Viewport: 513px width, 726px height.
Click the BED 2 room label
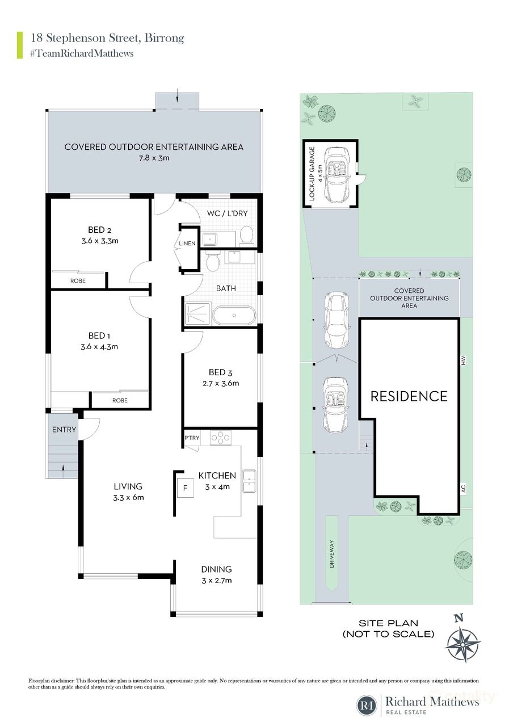click(99, 230)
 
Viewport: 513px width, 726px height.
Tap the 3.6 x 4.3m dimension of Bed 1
click(99, 347)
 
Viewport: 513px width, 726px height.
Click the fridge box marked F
click(184, 488)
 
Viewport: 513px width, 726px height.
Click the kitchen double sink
click(249, 481)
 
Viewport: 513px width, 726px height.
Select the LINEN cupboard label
click(187, 244)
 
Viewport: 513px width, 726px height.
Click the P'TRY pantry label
click(191, 438)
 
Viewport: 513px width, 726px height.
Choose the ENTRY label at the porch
click(64, 430)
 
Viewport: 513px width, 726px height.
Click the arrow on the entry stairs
click(62, 467)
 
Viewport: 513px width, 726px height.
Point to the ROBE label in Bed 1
click(120, 400)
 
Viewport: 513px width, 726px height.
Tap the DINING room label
click(216, 569)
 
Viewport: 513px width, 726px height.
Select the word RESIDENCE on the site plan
click(409, 396)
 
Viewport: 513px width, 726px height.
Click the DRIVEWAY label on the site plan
click(331, 553)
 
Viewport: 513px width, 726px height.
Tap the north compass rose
click(464, 640)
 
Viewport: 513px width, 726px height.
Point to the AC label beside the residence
click(464, 488)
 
